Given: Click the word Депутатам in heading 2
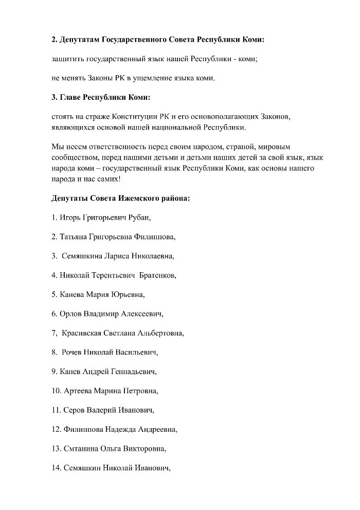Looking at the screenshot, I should pos(80,40).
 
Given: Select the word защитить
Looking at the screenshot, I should pos(68,59).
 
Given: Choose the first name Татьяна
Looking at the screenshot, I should pos(74,237).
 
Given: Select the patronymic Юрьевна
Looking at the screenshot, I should pos(128,294).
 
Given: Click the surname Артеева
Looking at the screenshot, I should pos(78,391).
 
